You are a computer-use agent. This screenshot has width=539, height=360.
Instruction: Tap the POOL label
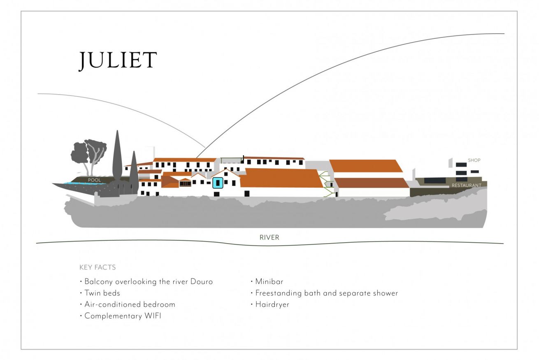tap(94, 180)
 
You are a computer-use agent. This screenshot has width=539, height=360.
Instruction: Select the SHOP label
tap(474, 160)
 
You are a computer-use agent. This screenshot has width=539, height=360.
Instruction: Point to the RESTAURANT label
tap(466, 185)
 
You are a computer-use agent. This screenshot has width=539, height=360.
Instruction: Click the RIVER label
tap(269, 237)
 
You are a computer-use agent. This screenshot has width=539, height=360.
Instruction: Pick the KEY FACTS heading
tap(98, 267)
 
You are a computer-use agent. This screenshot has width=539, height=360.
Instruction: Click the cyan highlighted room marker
tap(218, 183)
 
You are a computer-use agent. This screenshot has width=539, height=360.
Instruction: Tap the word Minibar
tap(269, 281)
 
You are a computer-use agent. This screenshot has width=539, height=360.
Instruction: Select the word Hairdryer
tap(272, 304)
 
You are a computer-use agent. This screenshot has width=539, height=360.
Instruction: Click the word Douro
tap(201, 281)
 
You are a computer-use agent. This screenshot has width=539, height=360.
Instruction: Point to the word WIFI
tap(153, 316)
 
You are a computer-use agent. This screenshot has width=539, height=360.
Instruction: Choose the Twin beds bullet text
tap(102, 293)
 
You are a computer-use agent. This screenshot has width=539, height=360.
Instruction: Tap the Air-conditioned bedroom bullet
tap(130, 304)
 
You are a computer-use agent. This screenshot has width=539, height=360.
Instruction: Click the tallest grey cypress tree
tap(117, 159)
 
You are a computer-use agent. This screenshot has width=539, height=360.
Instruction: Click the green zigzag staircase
tap(327, 184)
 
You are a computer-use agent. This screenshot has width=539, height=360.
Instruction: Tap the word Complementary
tap(113, 316)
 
